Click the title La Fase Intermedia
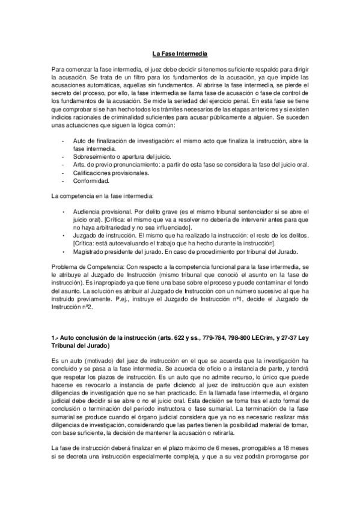tap(180, 54)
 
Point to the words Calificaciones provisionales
tap(111, 172)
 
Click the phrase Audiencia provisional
tap(101, 212)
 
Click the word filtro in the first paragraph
tap(148, 78)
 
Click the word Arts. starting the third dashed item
tap(79, 164)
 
